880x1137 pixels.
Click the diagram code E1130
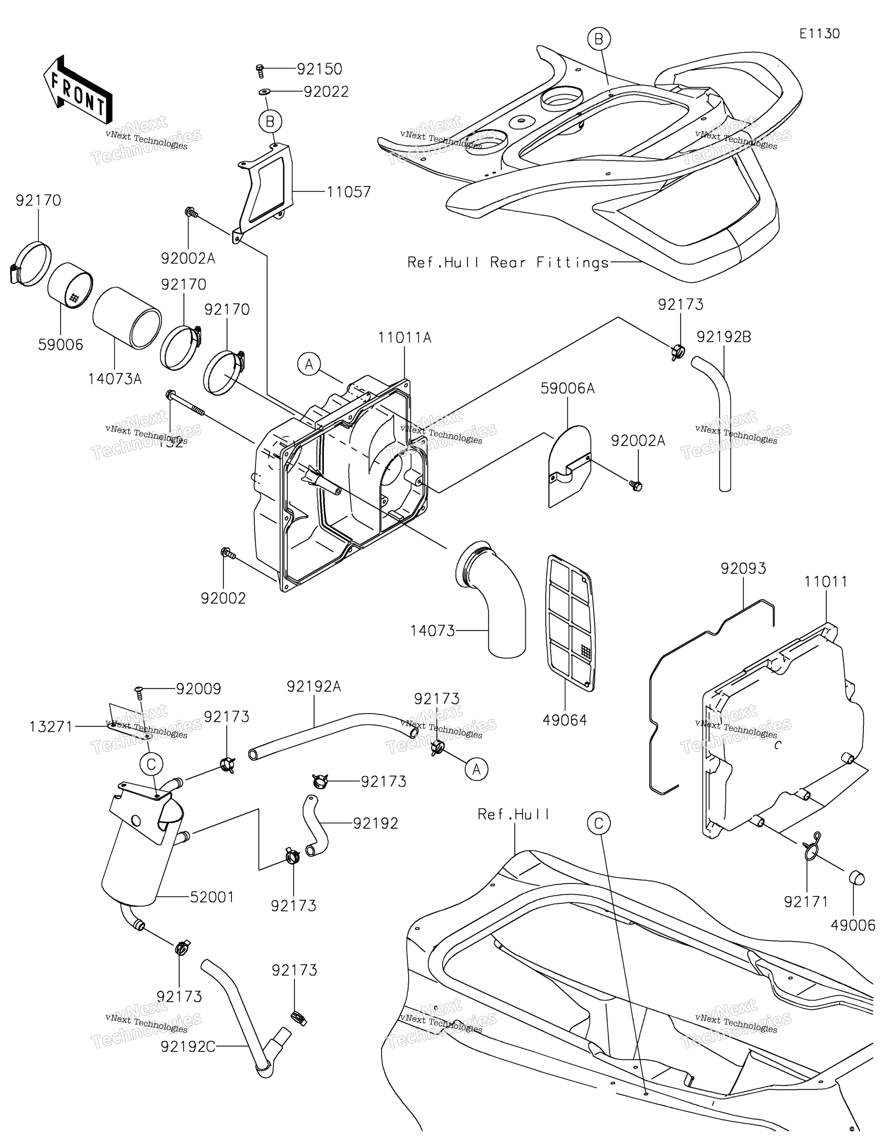[820, 34]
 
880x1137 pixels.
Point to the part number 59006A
[567, 388]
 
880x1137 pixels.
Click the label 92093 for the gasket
[743, 568]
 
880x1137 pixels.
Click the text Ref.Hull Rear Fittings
[508, 263]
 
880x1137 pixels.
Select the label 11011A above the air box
[404, 338]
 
